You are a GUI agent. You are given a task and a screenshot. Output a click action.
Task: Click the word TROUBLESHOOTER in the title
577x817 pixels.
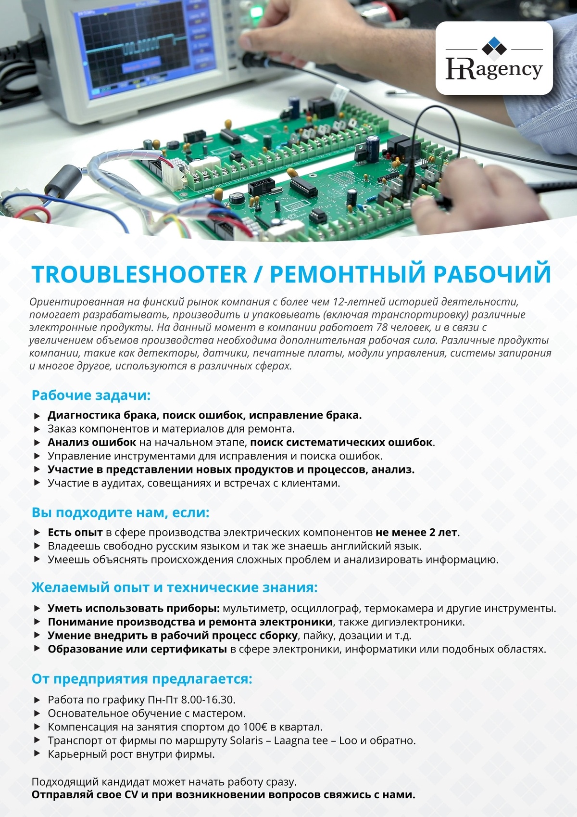[139, 274]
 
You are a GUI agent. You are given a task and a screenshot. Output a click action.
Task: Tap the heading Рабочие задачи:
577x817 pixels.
[91, 396]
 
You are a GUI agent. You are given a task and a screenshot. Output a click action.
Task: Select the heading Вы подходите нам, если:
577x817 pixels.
[120, 513]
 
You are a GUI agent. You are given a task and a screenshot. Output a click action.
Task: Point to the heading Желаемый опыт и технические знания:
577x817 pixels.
[175, 588]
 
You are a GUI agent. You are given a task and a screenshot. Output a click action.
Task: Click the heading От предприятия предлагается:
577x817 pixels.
[142, 679]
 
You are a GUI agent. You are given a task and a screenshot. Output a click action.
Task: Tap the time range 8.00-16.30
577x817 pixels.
[208, 700]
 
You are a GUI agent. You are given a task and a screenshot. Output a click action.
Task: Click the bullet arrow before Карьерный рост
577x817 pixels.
[38, 754]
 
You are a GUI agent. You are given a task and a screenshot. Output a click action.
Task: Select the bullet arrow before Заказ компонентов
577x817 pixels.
[38, 429]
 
